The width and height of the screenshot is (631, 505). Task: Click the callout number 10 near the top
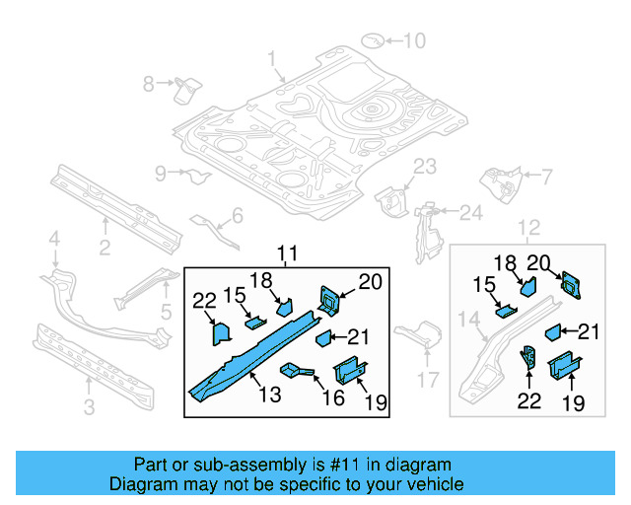click(414, 40)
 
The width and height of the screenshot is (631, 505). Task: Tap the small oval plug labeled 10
click(374, 40)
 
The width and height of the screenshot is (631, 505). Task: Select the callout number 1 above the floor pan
click(271, 61)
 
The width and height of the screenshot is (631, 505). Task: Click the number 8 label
click(149, 84)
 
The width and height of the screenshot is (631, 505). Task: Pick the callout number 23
click(423, 166)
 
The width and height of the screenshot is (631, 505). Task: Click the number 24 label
click(471, 211)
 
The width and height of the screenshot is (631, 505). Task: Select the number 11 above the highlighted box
click(286, 255)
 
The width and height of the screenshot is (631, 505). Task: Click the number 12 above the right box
click(528, 229)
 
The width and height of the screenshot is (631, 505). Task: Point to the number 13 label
click(270, 395)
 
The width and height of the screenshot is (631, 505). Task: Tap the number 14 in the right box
click(469, 319)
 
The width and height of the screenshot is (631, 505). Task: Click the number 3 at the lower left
click(89, 404)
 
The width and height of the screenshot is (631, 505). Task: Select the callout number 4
click(55, 238)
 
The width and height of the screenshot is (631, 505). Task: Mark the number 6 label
click(237, 216)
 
